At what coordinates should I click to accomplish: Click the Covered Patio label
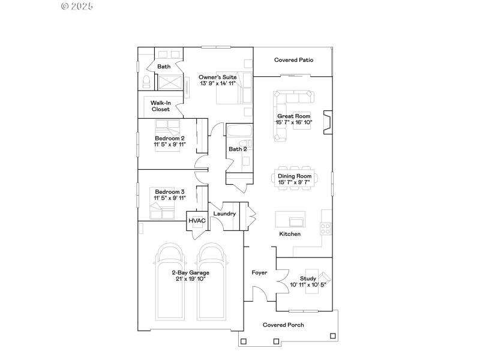point(293,60)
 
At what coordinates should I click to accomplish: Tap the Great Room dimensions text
point(293,122)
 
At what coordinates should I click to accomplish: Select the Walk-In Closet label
point(160,106)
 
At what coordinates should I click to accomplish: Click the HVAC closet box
point(197,221)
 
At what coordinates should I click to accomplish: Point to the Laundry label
point(224,214)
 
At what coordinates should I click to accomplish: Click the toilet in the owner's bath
point(146,82)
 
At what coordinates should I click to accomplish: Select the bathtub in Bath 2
point(238,131)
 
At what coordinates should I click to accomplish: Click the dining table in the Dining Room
point(294,178)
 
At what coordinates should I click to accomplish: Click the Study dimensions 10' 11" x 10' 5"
point(308,285)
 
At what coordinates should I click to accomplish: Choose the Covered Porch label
point(283,325)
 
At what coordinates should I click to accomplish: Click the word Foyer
point(259,272)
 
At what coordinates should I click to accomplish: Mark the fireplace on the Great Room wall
point(326,122)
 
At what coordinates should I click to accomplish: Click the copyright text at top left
point(77,6)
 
